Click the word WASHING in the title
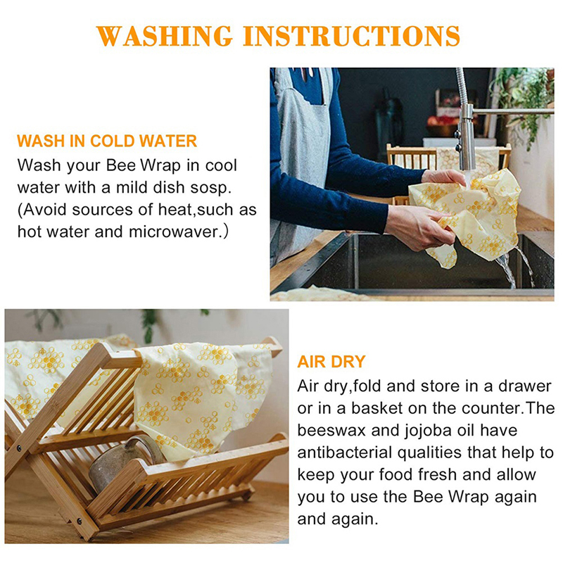165,36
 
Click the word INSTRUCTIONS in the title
351,36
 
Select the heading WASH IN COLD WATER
107,141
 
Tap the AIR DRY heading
331,362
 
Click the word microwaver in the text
173,232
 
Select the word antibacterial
345,453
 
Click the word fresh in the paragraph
437,474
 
